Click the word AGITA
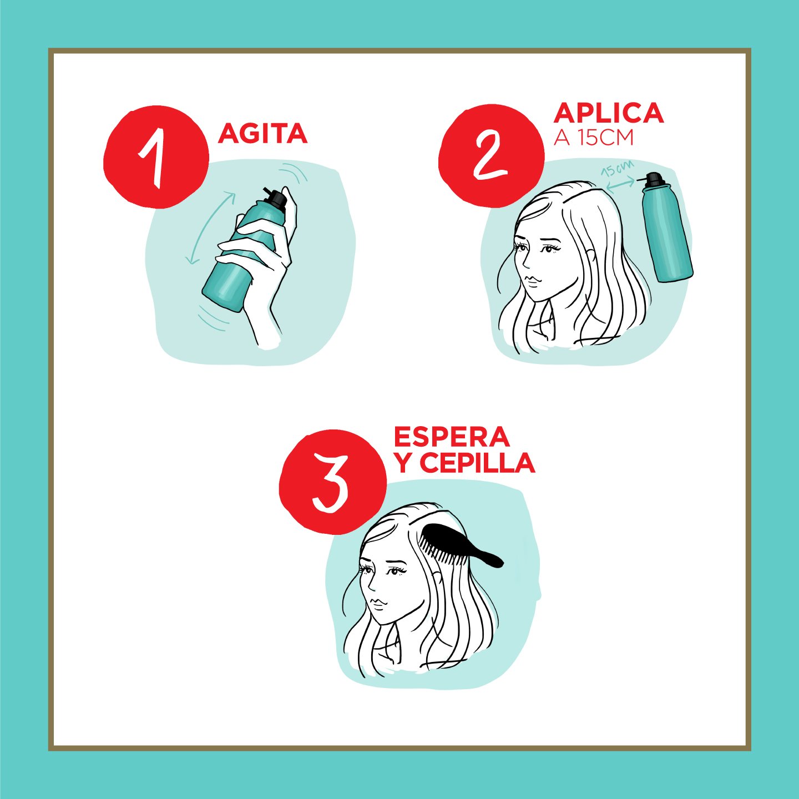point(262,133)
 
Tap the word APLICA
point(608,113)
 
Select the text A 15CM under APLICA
point(594,138)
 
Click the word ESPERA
point(452,437)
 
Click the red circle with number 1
point(156,157)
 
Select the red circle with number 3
point(333,482)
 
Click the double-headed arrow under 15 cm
point(620,185)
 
